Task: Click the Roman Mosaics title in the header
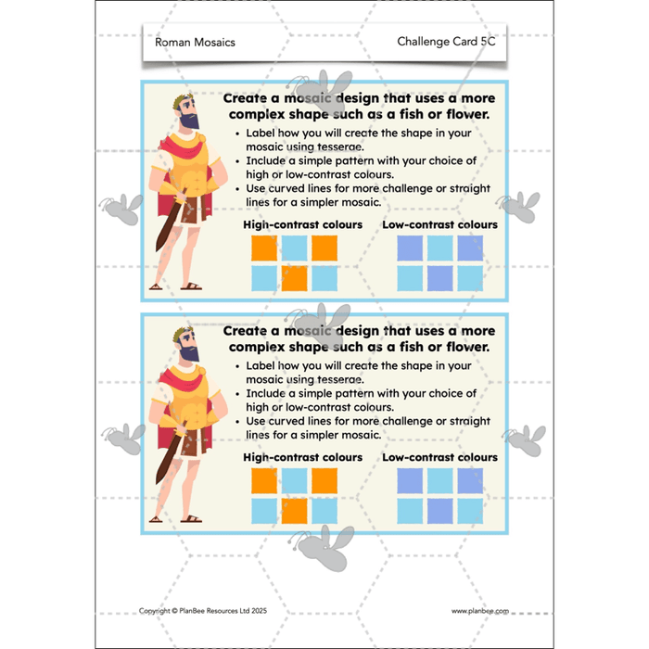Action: coord(195,43)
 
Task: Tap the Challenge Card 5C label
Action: coord(446,42)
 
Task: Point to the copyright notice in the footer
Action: coord(203,610)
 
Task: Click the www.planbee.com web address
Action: coord(480,611)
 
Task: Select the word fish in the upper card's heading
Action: coord(414,114)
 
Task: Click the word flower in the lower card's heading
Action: coord(467,347)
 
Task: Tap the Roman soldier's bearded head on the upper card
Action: coord(187,112)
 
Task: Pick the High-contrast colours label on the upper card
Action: coord(302,224)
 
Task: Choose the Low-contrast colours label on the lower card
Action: coord(440,457)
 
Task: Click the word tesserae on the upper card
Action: coord(340,146)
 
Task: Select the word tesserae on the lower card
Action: coord(340,379)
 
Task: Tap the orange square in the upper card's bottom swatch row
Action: coord(294,278)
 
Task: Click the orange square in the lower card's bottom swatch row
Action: coord(294,511)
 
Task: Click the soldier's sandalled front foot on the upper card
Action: coord(191,286)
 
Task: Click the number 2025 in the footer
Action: coord(260,610)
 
